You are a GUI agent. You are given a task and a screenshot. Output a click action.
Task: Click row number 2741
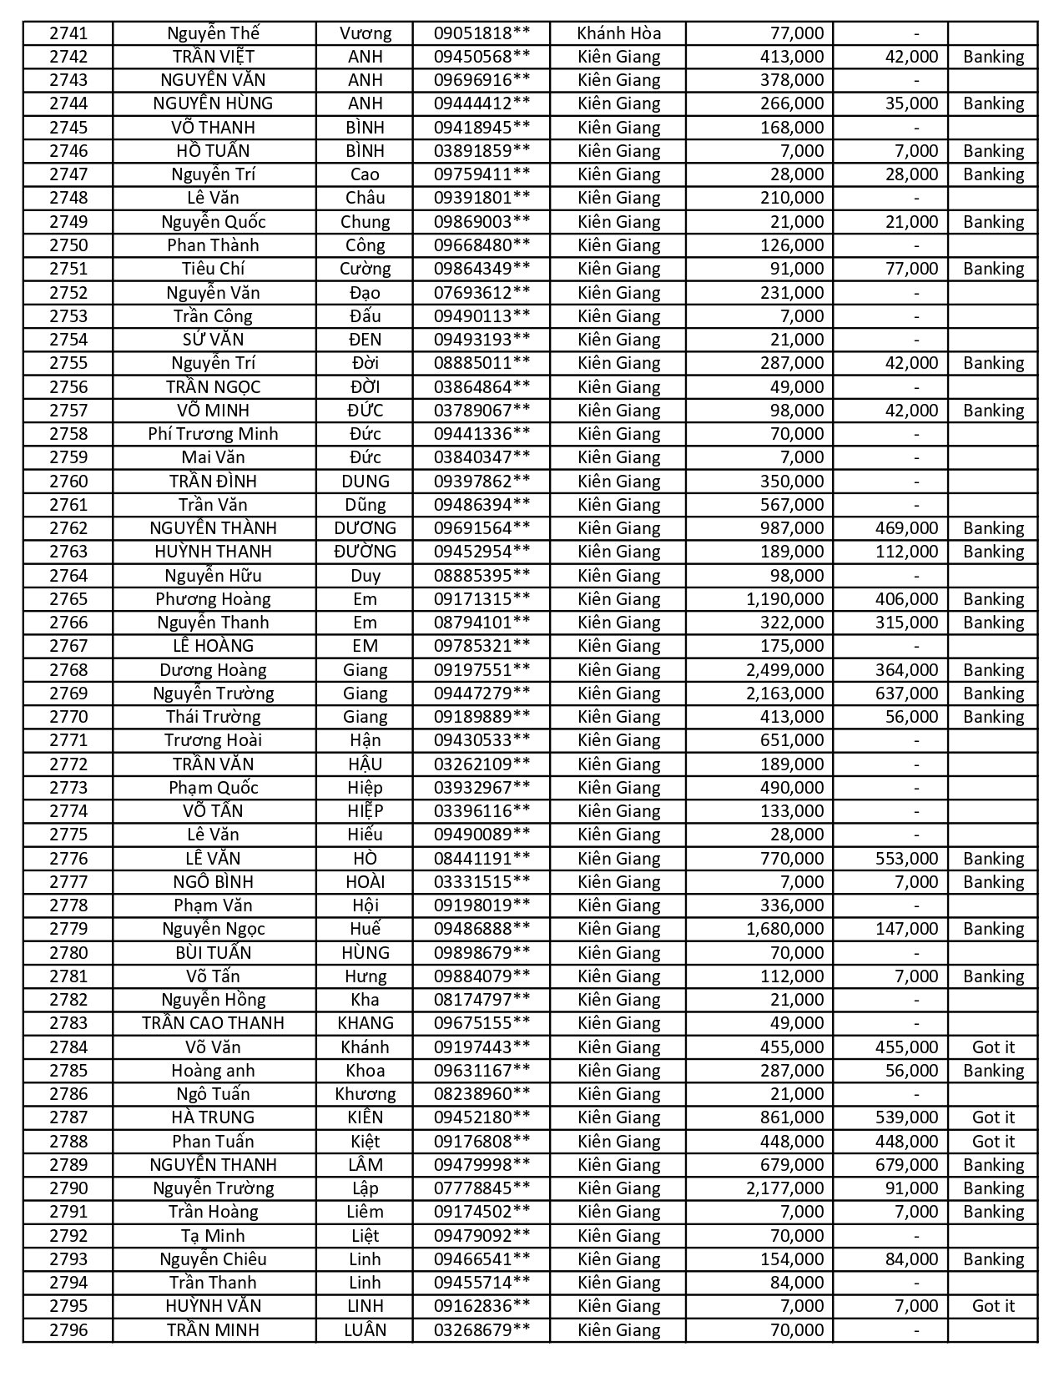click(x=68, y=33)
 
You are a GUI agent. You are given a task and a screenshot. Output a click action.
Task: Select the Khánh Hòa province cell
click(x=618, y=33)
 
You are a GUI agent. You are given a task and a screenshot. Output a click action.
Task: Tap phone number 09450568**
click(x=482, y=57)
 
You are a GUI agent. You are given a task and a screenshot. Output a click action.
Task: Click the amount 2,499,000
click(x=784, y=670)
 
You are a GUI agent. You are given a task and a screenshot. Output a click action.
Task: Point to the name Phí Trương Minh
click(x=213, y=434)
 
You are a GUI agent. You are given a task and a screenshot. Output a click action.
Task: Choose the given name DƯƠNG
click(x=365, y=528)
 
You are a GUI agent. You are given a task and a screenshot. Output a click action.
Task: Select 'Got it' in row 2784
click(x=993, y=1047)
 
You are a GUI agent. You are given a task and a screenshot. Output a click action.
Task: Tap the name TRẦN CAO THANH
click(x=213, y=1023)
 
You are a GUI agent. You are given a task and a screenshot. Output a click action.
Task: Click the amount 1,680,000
click(x=784, y=929)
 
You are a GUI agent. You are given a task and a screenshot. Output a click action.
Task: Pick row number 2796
click(x=68, y=1330)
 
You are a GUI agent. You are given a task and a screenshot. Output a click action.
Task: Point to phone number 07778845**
click(x=482, y=1188)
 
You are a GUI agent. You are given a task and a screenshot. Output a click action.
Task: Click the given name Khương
click(x=365, y=1094)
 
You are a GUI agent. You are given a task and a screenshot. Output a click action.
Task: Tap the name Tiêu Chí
click(x=213, y=269)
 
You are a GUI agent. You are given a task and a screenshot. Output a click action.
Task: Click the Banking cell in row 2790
click(x=993, y=1188)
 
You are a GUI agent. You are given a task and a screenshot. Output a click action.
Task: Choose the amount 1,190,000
click(x=784, y=599)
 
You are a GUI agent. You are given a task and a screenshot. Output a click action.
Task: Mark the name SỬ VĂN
click(x=213, y=340)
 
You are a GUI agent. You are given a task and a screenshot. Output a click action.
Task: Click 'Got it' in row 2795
click(x=993, y=1306)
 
